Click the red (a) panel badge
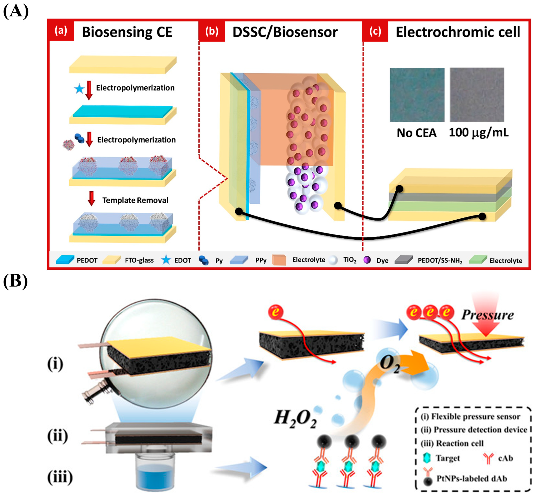[61, 31]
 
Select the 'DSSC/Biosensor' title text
[285, 32]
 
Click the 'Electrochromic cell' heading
[458, 32]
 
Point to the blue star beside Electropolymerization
[79, 89]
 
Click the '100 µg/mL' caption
[478, 133]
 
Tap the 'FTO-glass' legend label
[139, 260]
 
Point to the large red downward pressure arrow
[486, 321]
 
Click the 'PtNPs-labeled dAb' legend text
[472, 479]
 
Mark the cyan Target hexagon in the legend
[427, 458]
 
